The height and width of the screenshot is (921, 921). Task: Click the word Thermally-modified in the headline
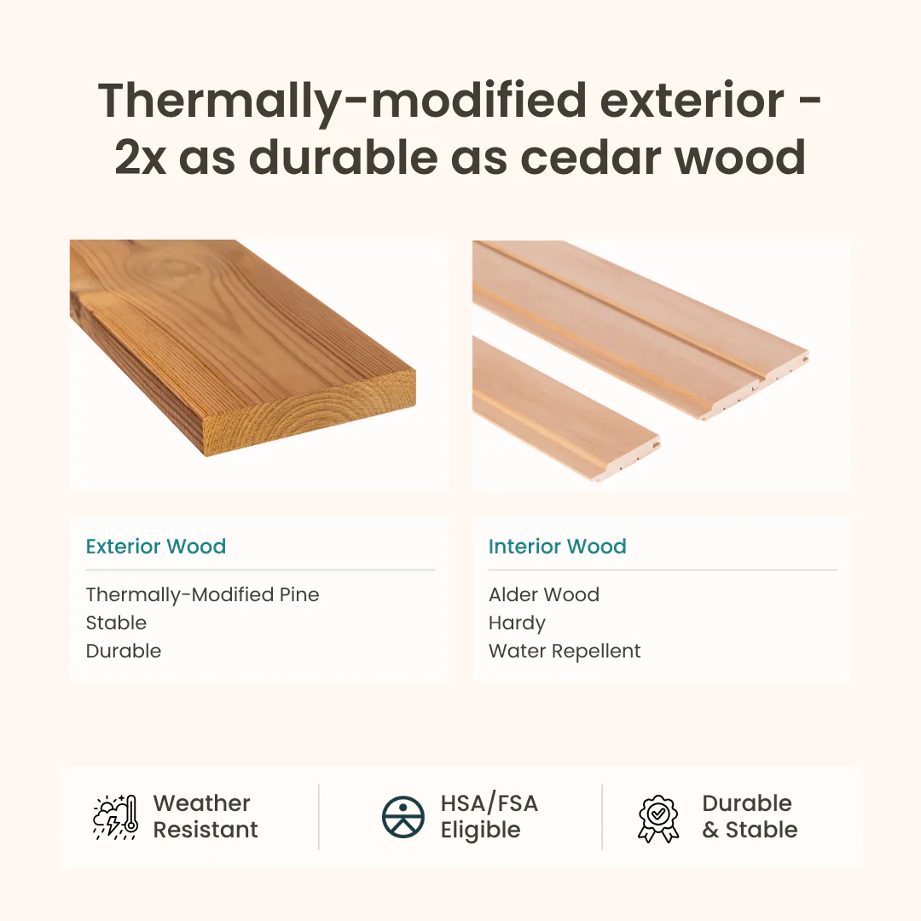[342, 101]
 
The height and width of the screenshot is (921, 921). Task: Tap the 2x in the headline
[140, 157]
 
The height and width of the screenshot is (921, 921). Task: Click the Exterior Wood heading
[156, 547]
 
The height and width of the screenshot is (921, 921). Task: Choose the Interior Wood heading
[557, 547]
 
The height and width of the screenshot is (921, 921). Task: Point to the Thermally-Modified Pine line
[202, 594]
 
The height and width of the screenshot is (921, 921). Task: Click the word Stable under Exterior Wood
[116, 623]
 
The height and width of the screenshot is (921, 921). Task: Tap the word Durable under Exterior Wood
[124, 651]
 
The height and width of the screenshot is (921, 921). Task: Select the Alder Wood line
[543, 594]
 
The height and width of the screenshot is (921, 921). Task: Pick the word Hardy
[517, 623]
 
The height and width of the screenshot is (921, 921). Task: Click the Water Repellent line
[565, 651]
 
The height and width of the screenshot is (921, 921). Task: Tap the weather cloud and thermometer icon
[114, 816]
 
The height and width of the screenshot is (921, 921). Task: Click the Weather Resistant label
[205, 816]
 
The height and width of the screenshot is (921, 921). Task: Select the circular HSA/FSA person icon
[403, 817]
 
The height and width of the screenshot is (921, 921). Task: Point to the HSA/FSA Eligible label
[489, 816]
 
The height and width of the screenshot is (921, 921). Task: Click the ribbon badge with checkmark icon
[658, 818]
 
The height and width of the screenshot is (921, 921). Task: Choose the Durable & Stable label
[749, 816]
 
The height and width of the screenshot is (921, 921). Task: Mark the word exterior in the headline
[691, 101]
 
